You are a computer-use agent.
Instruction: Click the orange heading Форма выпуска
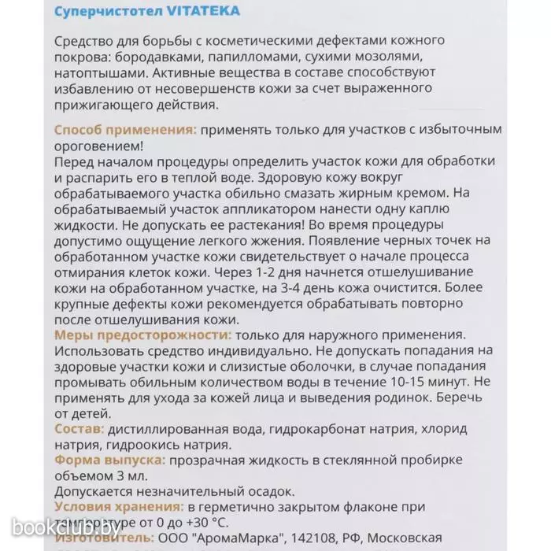pos(109,460)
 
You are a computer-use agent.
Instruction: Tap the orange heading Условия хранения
pos(120,507)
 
